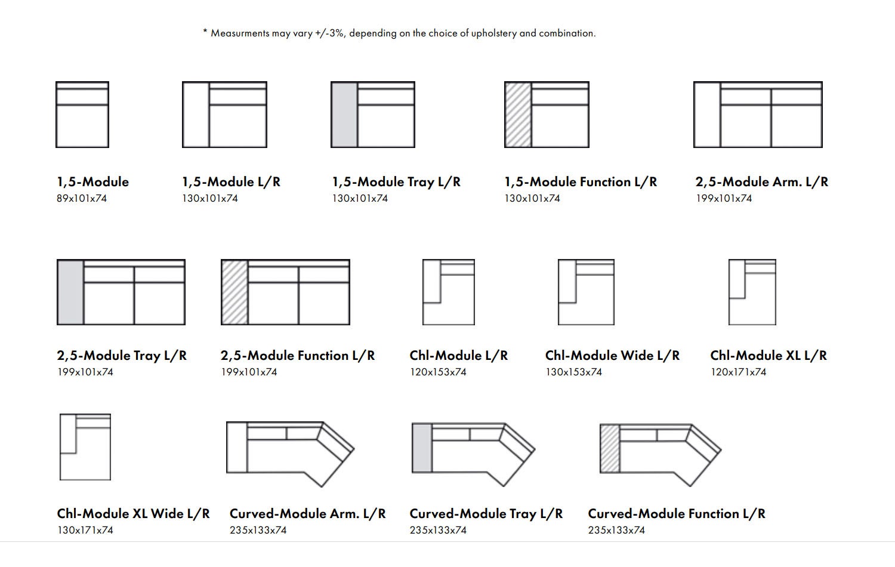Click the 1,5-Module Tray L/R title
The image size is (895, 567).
tap(396, 182)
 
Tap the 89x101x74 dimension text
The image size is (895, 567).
tap(82, 198)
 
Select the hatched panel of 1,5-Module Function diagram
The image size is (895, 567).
tap(519, 115)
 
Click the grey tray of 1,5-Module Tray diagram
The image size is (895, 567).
tap(344, 115)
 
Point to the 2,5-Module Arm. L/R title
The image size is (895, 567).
tap(761, 182)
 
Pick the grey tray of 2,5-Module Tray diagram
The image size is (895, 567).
tap(71, 292)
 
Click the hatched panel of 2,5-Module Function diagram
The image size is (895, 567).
tap(235, 292)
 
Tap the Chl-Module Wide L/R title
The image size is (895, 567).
tap(612, 355)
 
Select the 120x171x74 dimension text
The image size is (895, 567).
tap(738, 372)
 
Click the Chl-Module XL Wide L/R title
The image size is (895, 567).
tap(133, 513)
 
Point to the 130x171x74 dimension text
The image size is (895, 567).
tap(85, 530)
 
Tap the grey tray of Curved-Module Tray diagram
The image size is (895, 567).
tap(422, 448)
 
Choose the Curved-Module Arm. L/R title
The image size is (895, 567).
tap(308, 513)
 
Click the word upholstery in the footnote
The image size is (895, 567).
tap(494, 33)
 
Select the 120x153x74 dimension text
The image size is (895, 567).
tap(438, 372)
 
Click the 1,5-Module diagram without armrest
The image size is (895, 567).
tap(82, 115)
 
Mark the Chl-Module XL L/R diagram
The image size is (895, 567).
tap(752, 292)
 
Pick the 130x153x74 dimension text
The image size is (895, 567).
tap(574, 372)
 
